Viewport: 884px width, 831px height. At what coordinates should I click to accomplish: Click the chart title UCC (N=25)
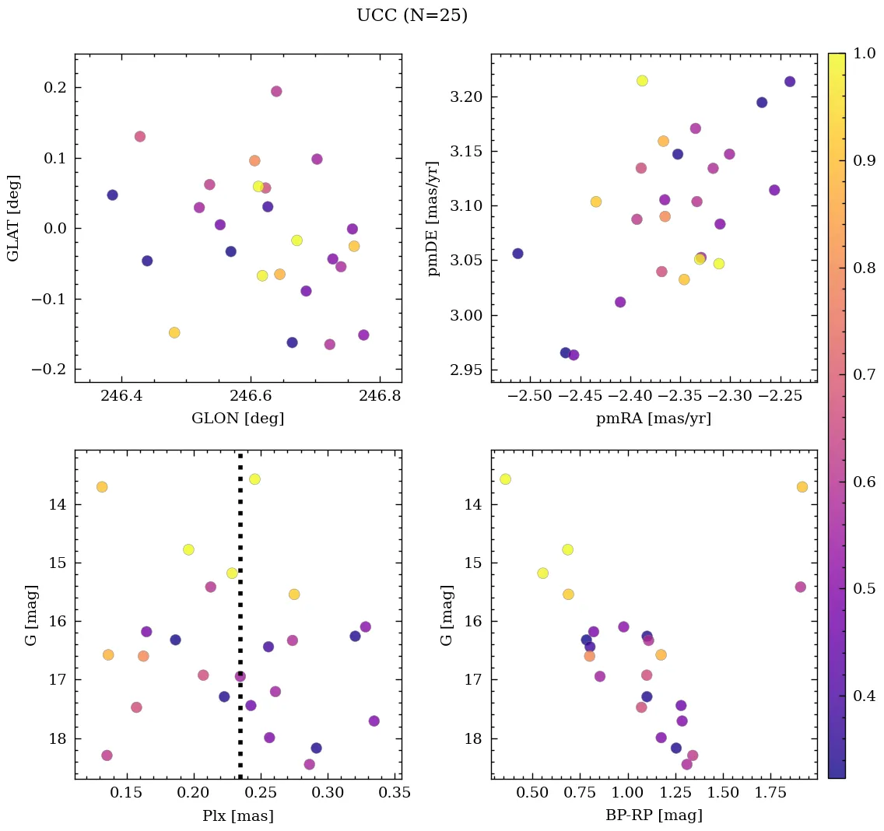click(412, 16)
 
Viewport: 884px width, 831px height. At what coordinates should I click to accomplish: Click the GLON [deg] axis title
click(238, 419)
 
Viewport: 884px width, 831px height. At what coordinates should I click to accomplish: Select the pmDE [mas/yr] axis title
click(433, 219)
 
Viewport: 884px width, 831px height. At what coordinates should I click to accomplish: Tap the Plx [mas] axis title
click(238, 815)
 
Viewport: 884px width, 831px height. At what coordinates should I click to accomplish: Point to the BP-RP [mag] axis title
click(654, 815)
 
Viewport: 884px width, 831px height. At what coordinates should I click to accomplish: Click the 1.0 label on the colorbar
click(865, 54)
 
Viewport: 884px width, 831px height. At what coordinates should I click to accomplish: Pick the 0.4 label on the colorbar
click(865, 695)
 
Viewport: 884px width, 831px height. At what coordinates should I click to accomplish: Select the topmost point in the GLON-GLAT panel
click(276, 91)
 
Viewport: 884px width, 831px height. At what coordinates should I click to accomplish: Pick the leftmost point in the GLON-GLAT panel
click(112, 195)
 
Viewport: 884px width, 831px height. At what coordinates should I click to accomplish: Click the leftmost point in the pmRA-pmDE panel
click(517, 254)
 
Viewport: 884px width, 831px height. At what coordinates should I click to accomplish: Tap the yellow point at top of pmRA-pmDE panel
click(642, 81)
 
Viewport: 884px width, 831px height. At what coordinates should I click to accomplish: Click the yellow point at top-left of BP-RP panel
click(505, 479)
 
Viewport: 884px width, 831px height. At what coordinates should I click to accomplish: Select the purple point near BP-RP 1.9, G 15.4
click(801, 587)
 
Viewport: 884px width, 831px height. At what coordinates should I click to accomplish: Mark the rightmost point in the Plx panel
click(374, 721)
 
